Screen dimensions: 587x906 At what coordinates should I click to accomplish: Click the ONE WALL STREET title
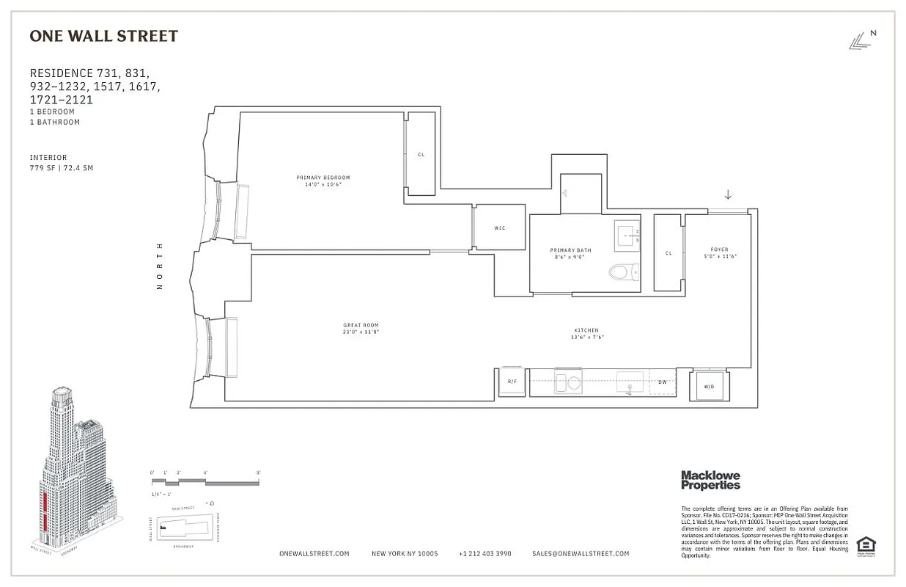(103, 36)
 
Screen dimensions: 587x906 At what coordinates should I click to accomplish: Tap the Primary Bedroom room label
(323, 178)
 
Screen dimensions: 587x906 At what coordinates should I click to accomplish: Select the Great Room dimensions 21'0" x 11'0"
(361, 332)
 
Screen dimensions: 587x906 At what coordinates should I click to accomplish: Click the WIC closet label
(500, 228)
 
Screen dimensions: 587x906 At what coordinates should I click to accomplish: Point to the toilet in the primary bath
(621, 273)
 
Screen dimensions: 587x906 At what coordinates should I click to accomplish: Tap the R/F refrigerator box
(512, 382)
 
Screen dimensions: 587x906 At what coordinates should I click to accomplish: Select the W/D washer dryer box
(709, 386)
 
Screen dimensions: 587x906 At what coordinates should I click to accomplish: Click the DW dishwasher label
(662, 382)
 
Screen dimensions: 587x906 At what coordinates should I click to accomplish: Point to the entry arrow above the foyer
(728, 194)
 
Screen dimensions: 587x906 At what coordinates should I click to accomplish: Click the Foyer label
(719, 249)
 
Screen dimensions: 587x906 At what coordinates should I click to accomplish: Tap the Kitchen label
(586, 331)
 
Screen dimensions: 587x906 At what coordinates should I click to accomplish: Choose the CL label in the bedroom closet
(421, 155)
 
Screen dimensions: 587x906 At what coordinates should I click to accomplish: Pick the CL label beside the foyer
(668, 253)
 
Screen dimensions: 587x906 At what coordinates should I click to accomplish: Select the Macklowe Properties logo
(710, 480)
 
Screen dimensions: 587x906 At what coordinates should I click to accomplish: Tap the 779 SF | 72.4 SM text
(62, 168)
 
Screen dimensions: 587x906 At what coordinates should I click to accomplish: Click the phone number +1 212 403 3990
(485, 554)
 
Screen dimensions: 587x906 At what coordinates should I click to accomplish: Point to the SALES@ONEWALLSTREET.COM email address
(581, 554)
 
